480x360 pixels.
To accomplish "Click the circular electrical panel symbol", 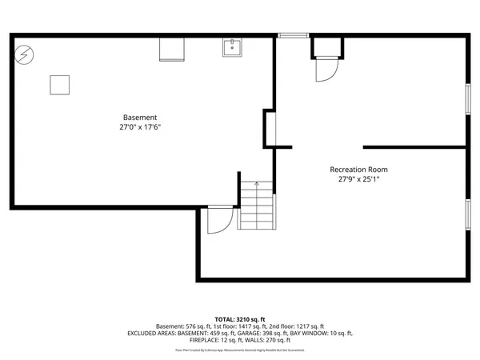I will tap(24, 54).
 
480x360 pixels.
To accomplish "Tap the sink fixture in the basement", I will tap(233, 47).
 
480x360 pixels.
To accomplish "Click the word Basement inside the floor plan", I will tap(139, 117).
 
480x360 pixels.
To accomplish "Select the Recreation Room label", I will tap(358, 169).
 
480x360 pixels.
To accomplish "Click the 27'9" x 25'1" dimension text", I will tap(358, 179).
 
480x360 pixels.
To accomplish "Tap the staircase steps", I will tap(257, 206).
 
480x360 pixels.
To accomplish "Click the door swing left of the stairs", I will tap(218, 220).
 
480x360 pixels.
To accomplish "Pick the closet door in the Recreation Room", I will tap(326, 70).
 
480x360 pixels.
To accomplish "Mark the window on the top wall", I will tap(292, 35).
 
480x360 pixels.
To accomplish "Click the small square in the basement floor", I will tap(59, 84).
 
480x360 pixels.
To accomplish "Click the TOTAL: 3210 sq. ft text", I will tap(240, 318).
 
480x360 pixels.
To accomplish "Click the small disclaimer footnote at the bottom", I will tap(240, 350).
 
